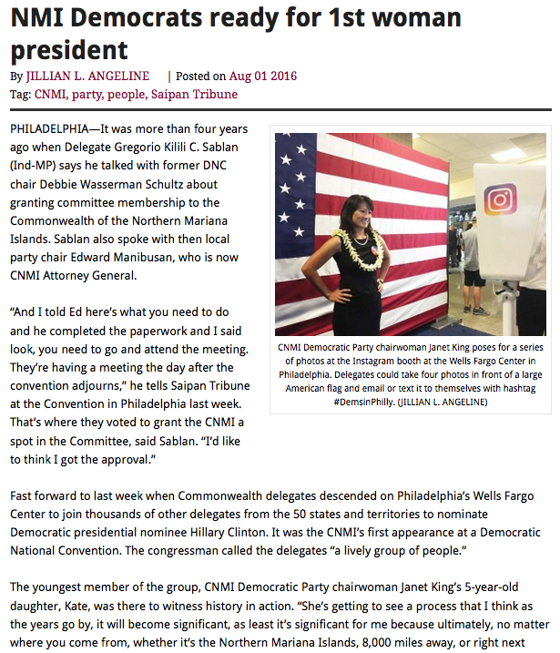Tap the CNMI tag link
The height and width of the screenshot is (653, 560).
click(x=49, y=94)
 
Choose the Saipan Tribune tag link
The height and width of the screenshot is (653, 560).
click(x=198, y=94)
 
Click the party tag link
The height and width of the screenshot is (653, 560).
click(x=87, y=94)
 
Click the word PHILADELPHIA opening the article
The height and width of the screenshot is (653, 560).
click(x=50, y=130)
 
